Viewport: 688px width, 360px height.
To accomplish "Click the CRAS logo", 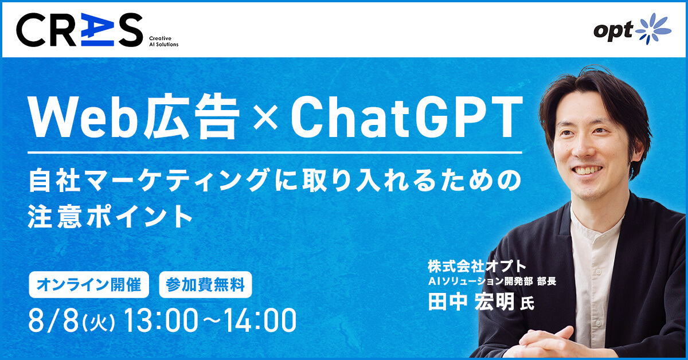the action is [79, 30].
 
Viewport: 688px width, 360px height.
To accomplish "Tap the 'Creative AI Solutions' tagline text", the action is [164, 41].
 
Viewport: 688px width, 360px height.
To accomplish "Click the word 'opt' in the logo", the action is [613, 31].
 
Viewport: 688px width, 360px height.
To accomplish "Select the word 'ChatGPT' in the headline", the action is [406, 117].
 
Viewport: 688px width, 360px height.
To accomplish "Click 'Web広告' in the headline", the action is [134, 117].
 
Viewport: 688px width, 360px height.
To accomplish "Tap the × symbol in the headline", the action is [265, 117].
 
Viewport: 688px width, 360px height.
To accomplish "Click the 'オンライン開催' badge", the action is [89, 285].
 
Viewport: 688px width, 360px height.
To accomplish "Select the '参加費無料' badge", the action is [205, 285].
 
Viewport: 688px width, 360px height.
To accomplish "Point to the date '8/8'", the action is [54, 320].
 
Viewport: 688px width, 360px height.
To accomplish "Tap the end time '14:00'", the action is [260, 320].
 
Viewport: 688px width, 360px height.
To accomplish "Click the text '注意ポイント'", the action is [110, 217].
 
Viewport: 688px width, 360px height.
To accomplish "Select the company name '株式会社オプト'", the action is [476, 267].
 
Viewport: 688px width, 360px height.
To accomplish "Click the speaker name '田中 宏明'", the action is [471, 302].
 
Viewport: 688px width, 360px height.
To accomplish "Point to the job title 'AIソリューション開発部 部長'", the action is [492, 281].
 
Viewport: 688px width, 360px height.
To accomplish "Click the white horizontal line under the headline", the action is [275, 152].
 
